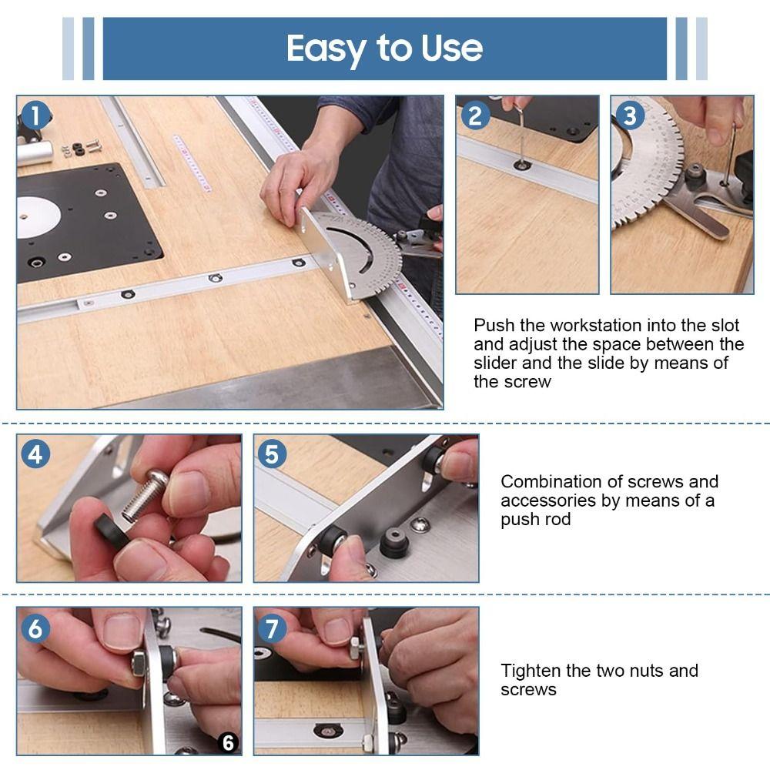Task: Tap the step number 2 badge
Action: click(x=476, y=115)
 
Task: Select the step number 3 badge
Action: click(x=631, y=115)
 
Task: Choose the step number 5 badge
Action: click(x=272, y=454)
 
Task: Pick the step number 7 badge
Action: click(x=272, y=628)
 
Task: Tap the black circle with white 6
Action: click(x=228, y=742)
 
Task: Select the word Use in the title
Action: click(x=452, y=49)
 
